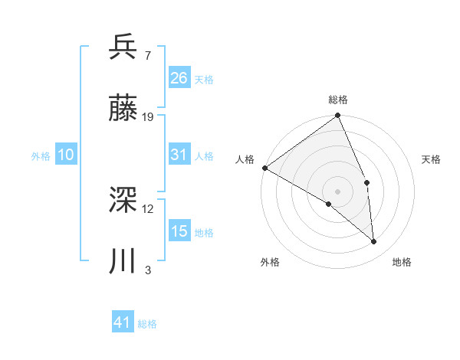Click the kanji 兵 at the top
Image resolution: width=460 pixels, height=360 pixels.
click(123, 47)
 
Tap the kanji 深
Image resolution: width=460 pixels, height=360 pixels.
click(123, 201)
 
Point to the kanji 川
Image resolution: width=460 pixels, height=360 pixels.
click(123, 261)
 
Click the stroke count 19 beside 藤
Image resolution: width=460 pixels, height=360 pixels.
click(148, 116)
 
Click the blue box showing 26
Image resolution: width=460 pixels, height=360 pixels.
click(179, 77)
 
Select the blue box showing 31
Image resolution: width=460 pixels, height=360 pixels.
click(179, 155)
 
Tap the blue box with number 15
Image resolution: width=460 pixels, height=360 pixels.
click(179, 231)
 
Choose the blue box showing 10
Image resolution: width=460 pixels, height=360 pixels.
click(65, 155)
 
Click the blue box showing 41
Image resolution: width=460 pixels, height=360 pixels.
click(123, 322)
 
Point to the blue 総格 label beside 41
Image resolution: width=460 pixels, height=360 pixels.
click(147, 324)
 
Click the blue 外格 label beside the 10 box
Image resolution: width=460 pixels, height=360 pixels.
click(41, 155)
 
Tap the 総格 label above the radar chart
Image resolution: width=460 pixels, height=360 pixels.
click(338, 100)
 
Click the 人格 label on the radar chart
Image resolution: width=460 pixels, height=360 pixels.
click(245, 159)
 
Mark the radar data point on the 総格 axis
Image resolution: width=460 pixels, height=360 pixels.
click(338, 116)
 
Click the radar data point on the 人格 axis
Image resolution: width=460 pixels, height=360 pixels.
click(264, 168)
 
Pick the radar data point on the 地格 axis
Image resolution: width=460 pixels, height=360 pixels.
click(374, 241)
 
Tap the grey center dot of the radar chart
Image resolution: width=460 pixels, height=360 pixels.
click(338, 191)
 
